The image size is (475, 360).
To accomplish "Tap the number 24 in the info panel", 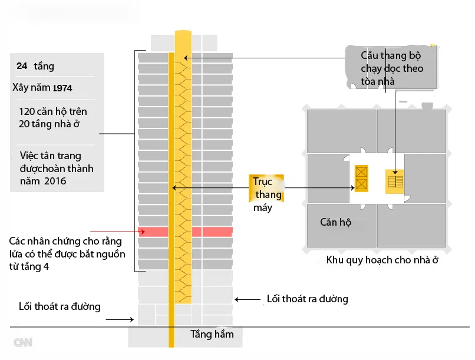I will pos(22,66).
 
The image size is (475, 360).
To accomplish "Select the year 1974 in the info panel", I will pos(62,88).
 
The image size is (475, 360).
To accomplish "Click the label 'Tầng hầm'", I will pos(212,334).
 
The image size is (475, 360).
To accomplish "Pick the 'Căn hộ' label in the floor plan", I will pos(336,222).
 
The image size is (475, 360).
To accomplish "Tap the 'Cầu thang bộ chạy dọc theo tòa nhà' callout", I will pos(392,68).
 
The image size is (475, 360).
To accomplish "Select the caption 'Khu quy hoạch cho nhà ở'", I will pos(382,260).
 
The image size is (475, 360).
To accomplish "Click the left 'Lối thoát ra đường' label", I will pos(59,306).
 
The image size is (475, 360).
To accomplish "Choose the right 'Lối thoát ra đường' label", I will pos(307,299).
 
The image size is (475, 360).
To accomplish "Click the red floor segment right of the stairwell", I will pos(213,232).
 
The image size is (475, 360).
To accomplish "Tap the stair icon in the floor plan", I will pos(395,180).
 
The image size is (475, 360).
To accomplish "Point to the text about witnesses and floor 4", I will pos(66,254).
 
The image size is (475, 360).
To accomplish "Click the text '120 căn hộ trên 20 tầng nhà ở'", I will pos(52,117).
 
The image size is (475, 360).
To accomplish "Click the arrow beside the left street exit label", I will pos(121,320).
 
